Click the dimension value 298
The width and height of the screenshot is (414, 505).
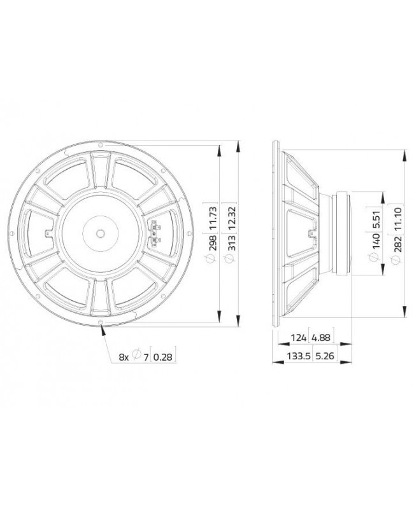point(213,242)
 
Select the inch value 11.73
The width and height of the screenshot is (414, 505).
point(213,219)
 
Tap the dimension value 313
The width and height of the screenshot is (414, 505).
point(231,242)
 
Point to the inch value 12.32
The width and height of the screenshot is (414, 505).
point(231,219)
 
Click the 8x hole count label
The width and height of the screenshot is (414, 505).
point(124,357)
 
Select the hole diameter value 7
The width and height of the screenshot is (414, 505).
point(146,357)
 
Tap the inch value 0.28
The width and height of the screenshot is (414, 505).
point(163,357)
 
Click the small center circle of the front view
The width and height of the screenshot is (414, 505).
point(101,233)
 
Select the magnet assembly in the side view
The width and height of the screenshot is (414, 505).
point(344,233)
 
